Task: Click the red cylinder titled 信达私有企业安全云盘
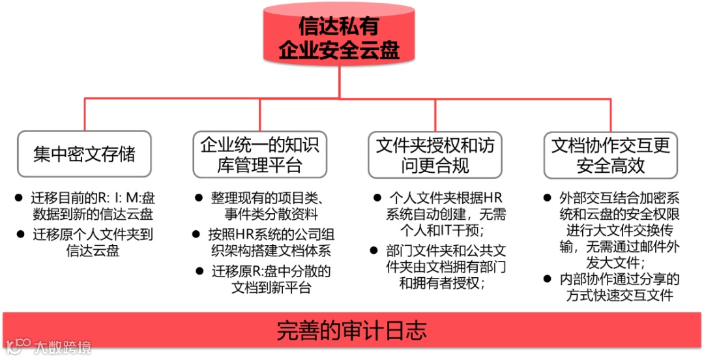pos(338,37)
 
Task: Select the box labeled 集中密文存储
pos(84,154)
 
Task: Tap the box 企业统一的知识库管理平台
pos(260,154)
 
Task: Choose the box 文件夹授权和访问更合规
pos(435,154)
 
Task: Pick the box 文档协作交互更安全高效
pos(611,154)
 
